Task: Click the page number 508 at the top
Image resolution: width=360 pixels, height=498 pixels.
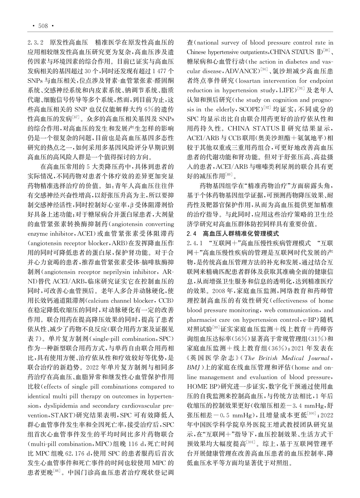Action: pos(43,26)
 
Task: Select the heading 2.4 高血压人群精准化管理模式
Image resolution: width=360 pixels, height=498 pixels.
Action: pos(233,234)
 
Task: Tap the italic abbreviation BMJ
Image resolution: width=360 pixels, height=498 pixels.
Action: pos(194,368)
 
